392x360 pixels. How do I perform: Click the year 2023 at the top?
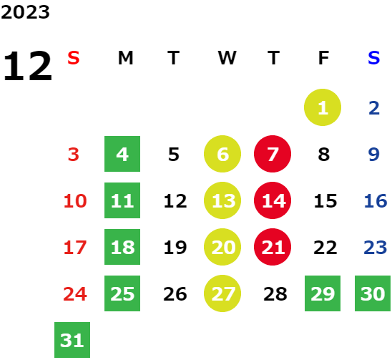point(25,12)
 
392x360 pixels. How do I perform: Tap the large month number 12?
point(28,66)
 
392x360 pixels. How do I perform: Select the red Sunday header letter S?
point(74,58)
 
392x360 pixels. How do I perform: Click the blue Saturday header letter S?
point(373,58)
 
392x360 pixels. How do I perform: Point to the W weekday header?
point(227,58)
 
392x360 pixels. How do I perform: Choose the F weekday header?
point(323,58)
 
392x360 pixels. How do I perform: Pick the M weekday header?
point(125,58)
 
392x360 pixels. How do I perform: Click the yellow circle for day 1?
point(323,107)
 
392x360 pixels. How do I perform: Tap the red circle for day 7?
point(273,154)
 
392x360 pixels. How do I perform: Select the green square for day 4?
point(122,154)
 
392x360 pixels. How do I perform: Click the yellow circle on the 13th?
point(222,200)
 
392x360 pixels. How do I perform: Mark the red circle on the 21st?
point(273,247)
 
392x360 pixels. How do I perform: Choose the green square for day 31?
point(72,340)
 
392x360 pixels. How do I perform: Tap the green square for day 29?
point(323,293)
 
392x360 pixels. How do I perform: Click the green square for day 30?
point(373,293)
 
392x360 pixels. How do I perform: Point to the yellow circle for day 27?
point(222,293)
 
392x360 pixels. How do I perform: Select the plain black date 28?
point(275,294)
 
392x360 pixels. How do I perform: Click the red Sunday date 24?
point(75,294)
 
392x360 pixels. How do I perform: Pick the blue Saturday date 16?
point(376,201)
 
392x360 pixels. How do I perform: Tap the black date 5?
point(174,155)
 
